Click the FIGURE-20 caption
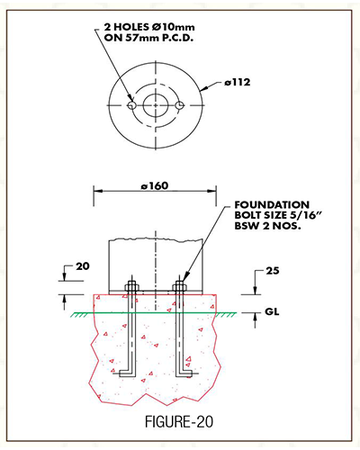coord(179,421)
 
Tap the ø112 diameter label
coord(237,82)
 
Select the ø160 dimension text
coord(155,186)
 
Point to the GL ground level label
coord(272,312)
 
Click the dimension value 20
coord(83,266)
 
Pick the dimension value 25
coord(273,271)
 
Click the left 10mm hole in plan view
coord(132,105)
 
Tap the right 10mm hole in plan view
coord(179,105)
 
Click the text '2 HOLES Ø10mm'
coord(149,27)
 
